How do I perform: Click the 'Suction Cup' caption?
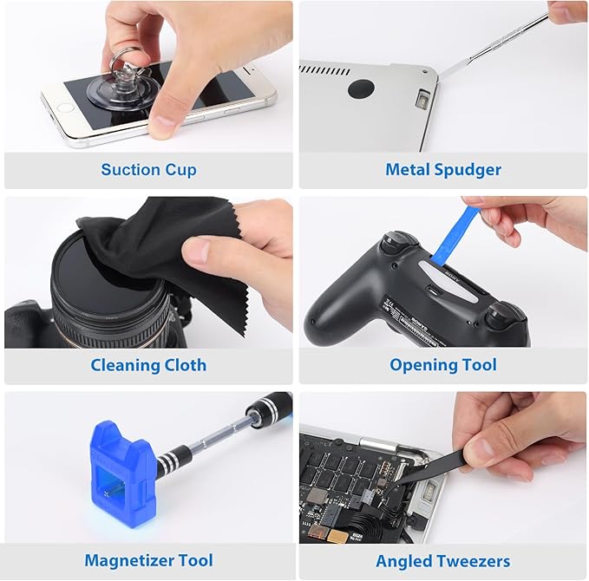tap(148, 170)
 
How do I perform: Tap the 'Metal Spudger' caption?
tap(443, 170)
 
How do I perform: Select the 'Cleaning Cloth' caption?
tap(148, 365)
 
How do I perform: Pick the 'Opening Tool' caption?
tap(443, 365)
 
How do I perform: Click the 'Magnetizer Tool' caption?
tap(148, 560)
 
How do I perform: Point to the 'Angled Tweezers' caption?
tap(443, 560)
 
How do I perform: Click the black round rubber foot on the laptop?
tap(361, 88)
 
